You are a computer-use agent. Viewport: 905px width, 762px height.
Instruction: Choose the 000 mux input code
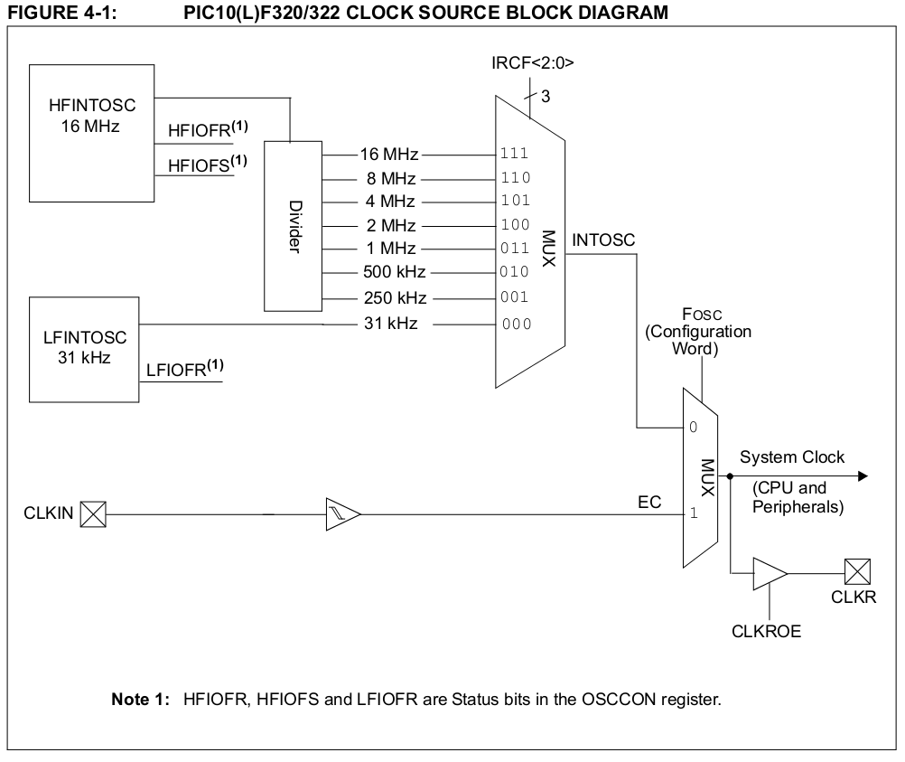click(x=517, y=324)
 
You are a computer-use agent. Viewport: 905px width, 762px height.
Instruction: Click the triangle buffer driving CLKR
click(x=769, y=572)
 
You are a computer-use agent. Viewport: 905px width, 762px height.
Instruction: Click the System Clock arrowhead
click(x=862, y=475)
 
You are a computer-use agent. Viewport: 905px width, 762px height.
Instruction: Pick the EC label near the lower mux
click(x=649, y=502)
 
